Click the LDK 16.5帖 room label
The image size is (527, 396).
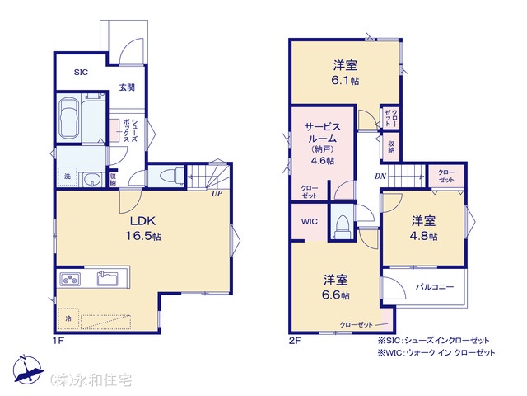[143, 229]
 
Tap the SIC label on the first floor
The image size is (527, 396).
[81, 72]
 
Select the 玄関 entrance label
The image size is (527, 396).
[127, 87]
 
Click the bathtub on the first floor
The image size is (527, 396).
[69, 118]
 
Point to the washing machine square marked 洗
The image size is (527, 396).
[68, 176]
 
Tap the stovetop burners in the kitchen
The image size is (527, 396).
[70, 279]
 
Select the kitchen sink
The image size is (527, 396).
[108, 278]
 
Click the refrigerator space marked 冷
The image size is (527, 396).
[68, 318]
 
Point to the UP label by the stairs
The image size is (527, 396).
[217, 194]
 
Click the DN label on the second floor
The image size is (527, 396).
[380, 176]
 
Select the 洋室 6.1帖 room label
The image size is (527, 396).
[345, 73]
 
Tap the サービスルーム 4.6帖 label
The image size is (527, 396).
[322, 143]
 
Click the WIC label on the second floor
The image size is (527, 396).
[310, 222]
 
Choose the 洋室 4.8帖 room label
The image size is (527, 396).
[423, 229]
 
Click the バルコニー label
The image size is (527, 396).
[435, 287]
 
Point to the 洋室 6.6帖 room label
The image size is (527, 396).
[335, 287]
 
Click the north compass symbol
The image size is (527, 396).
[28, 369]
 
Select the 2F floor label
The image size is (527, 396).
[295, 341]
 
